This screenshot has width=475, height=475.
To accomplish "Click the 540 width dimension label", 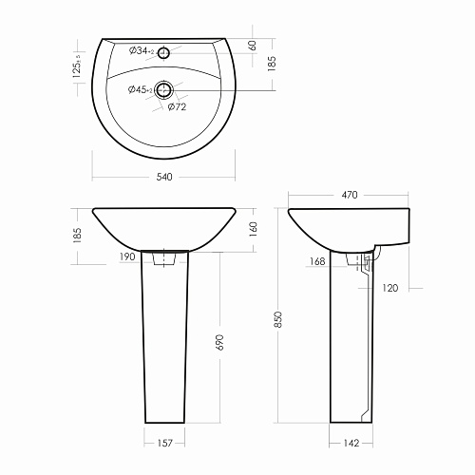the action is click(164, 177).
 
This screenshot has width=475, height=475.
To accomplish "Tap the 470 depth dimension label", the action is click(350, 195).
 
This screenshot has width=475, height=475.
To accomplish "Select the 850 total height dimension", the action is click(278, 319).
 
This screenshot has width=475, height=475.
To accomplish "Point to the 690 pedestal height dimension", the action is click(219, 342).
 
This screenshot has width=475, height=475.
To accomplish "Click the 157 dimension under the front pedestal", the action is click(164, 443).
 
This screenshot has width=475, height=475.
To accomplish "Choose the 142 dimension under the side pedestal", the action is click(351, 443).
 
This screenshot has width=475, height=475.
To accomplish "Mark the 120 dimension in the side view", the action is click(390, 288).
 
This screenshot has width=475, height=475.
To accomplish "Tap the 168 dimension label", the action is click(317, 261).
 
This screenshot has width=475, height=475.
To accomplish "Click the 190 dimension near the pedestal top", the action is click(127, 256).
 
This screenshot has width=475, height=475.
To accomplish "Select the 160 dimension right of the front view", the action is click(254, 230).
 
